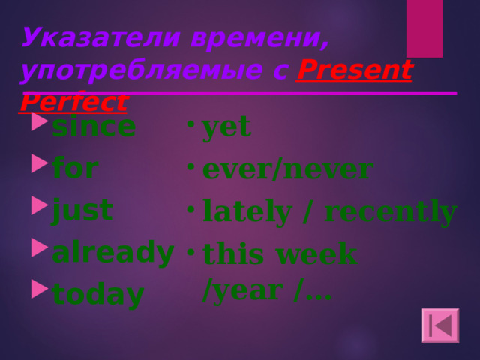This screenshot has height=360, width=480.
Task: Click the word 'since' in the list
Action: click(x=94, y=127)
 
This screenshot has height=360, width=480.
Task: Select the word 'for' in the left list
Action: click(x=75, y=168)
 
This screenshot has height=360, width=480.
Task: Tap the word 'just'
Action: click(x=82, y=210)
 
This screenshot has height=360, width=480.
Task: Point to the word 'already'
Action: click(x=113, y=253)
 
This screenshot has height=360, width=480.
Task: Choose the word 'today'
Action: click(x=97, y=295)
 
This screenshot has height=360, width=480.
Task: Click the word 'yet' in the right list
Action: click(x=226, y=127)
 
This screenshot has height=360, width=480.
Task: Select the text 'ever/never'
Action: click(x=287, y=169)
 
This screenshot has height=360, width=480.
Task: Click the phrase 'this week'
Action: click(x=279, y=254)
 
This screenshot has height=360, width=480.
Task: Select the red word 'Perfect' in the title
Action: click(x=73, y=100)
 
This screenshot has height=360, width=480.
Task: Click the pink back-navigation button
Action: click(x=439, y=325)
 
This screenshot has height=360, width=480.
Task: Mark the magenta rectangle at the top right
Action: click(x=424, y=28)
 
